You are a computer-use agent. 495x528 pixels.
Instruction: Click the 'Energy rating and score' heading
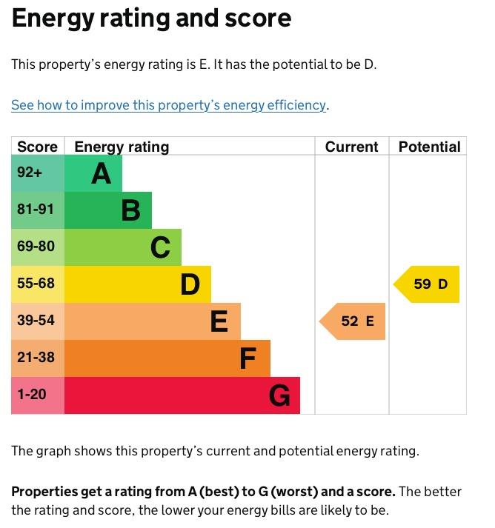[x=151, y=19]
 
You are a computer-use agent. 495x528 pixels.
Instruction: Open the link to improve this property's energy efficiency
[x=168, y=105]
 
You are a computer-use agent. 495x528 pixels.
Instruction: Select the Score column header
[x=37, y=147]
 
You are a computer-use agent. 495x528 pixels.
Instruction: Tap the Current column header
[x=351, y=147]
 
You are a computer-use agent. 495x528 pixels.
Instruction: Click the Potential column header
[x=429, y=147]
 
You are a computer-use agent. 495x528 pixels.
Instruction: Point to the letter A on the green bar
[x=101, y=174]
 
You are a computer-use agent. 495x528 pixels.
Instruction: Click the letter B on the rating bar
[x=130, y=210]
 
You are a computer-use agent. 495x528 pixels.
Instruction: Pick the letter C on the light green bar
[x=160, y=247]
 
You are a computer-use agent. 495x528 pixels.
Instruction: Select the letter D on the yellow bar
[x=190, y=284]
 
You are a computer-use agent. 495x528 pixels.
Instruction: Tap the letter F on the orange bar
[x=248, y=358]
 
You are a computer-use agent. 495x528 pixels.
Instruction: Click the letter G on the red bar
[x=279, y=395]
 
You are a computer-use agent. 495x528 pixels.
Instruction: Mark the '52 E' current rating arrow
[x=352, y=321]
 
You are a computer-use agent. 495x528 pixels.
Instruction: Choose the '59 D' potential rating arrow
[x=426, y=284]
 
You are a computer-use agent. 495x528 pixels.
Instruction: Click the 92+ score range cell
[x=38, y=173]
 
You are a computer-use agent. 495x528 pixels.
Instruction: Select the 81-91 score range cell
[x=38, y=210]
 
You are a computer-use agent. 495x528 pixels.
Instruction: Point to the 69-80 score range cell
[x=38, y=247]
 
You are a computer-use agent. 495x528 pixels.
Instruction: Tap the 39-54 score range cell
[x=38, y=321]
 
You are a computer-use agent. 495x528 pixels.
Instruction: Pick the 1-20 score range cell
[x=38, y=395]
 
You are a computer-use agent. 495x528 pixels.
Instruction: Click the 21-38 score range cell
[x=38, y=358]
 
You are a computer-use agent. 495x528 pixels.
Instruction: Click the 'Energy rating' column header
[x=122, y=147]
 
